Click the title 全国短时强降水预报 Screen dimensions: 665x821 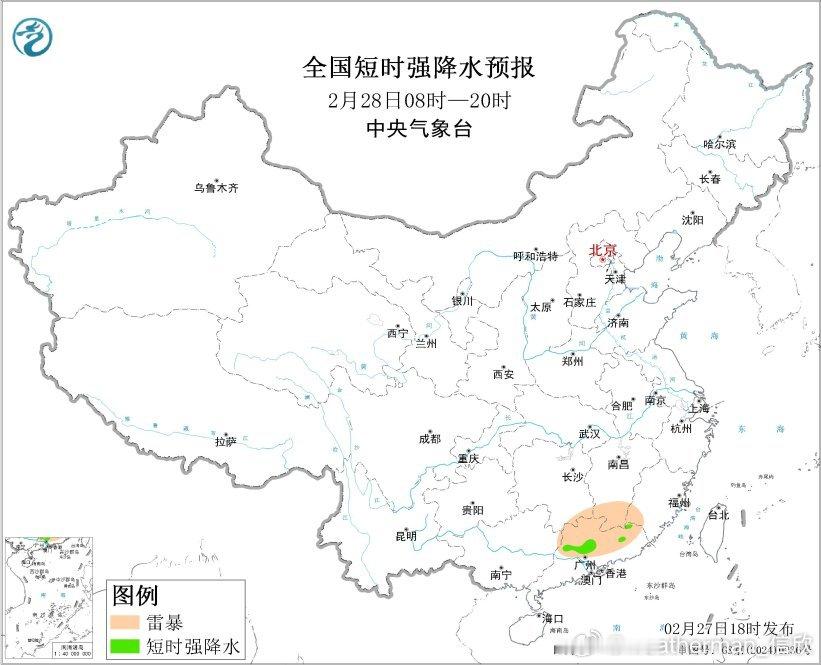[419, 68]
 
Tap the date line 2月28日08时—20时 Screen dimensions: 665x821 [419, 100]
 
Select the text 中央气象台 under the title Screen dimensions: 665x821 [419, 128]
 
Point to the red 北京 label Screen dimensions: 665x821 [602, 251]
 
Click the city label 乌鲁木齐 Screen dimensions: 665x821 [216, 188]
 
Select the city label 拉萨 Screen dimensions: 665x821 [224, 440]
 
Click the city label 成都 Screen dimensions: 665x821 [429, 438]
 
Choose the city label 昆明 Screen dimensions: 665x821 [406, 536]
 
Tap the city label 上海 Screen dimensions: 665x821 [698, 408]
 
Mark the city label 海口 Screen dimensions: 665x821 [553, 618]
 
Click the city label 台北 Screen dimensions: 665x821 [718, 515]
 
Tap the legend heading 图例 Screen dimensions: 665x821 [134, 595]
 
